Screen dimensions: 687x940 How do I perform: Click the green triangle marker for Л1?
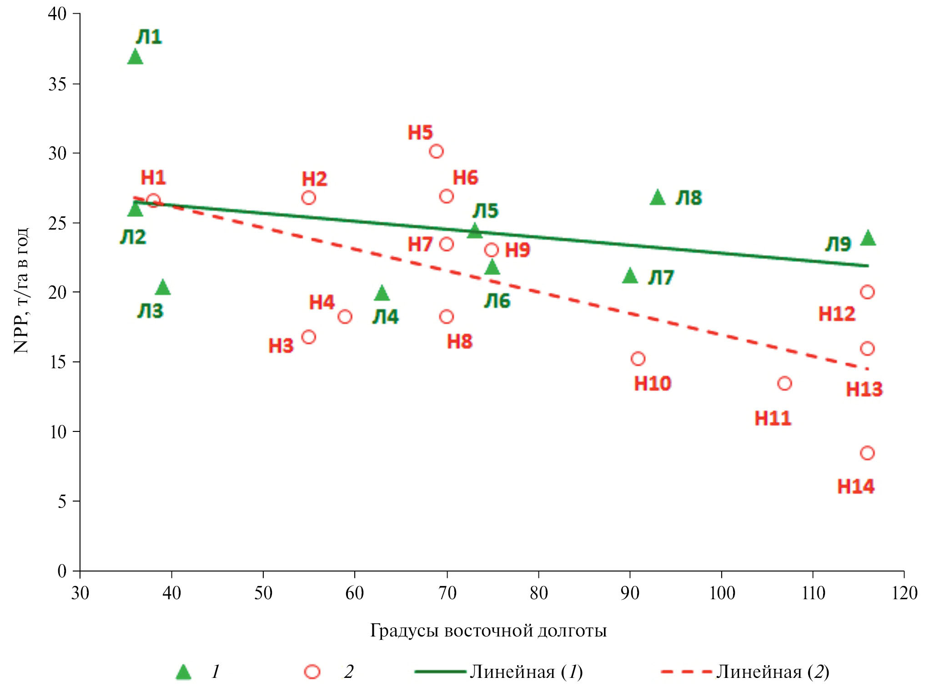pos(135,57)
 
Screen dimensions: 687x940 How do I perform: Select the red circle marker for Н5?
pos(436,151)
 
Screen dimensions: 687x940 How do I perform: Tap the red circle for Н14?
pos(867,453)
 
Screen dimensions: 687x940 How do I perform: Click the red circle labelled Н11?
pos(784,384)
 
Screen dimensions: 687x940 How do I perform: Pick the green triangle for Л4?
pos(382,294)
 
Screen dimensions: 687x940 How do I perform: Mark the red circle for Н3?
pos(309,337)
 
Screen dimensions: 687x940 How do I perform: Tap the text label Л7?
pos(661,278)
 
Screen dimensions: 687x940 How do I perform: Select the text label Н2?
pos(315,179)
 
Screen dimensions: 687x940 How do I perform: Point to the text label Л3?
pos(151,311)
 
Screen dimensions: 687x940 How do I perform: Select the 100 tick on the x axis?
pos(721,593)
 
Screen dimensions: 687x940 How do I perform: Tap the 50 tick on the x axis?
pos(263,593)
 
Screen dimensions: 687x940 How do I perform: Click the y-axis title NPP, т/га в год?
pos(21,291)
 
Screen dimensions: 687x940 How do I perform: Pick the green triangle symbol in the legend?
pos(184,672)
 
